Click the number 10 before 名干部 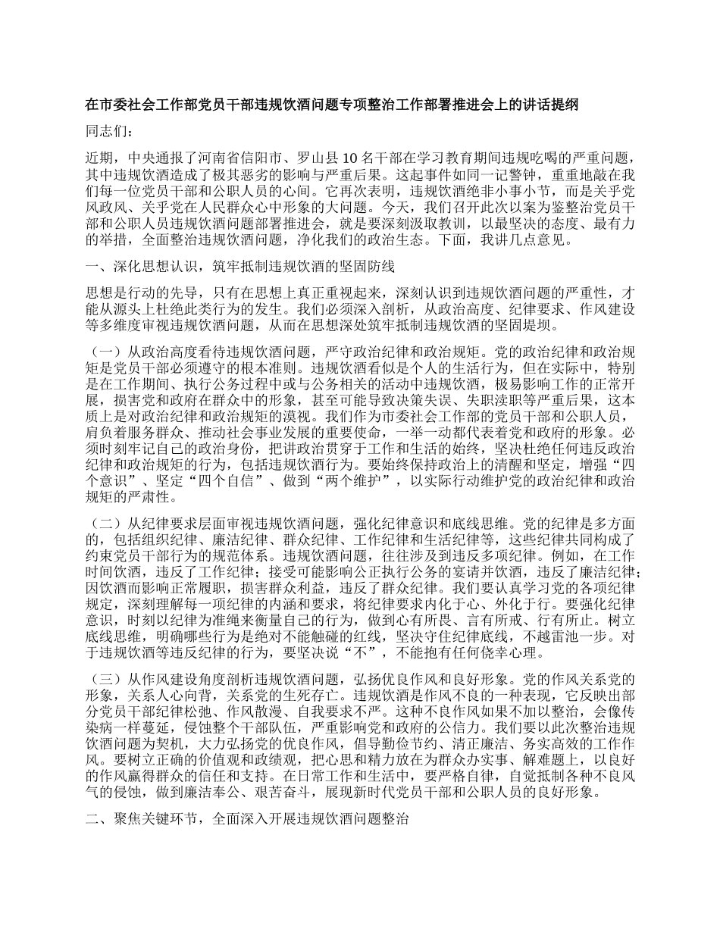[350, 158]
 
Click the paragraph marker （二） [104, 523]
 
